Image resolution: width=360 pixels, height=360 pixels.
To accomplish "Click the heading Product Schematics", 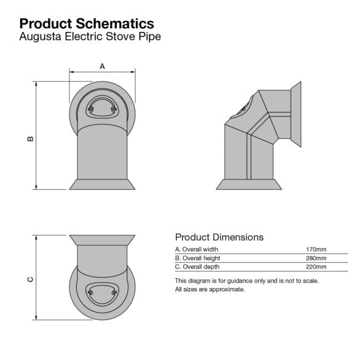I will (87, 23).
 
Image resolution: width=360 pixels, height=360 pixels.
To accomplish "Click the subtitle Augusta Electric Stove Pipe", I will (90, 36).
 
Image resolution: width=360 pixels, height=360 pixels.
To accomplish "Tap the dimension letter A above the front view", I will (102, 65).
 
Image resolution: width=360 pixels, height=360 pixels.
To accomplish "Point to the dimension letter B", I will (31, 138).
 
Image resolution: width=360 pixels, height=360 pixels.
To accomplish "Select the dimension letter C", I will (31, 280).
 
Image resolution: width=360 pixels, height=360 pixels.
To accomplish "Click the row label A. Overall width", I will (197, 249).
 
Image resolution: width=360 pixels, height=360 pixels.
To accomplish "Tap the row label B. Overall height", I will (197, 258).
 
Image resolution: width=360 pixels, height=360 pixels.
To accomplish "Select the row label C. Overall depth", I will (197, 267).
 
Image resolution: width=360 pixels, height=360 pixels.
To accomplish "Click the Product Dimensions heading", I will (219, 237).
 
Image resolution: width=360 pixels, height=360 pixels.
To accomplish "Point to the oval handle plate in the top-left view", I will (103, 106).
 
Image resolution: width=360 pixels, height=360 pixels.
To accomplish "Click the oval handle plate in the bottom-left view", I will (103, 293).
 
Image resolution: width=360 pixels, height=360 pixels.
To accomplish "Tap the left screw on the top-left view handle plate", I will (91, 110).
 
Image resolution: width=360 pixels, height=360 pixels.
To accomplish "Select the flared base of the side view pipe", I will (249, 184).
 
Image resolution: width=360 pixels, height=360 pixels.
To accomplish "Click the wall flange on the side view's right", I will (295, 115).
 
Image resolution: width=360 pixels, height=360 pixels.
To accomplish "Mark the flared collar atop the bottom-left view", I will (103, 240).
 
